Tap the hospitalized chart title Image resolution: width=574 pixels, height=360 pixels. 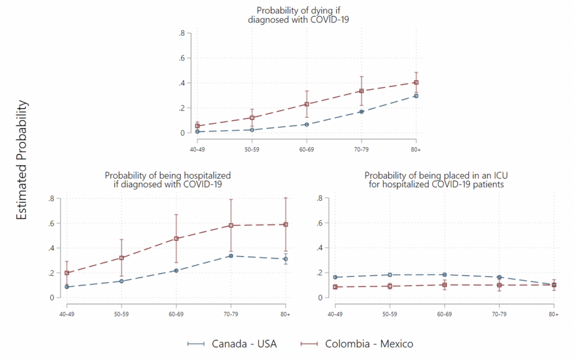[x=168, y=179]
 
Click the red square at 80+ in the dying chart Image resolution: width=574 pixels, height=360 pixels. [x=416, y=82]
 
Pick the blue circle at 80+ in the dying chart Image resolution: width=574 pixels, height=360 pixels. [x=416, y=96]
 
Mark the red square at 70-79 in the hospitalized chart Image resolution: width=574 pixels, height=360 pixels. [x=231, y=225]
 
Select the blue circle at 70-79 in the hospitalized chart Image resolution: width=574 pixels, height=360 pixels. [x=231, y=256]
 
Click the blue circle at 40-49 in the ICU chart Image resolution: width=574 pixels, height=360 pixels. [x=335, y=277]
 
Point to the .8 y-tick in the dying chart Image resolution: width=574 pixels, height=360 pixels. [x=182, y=33]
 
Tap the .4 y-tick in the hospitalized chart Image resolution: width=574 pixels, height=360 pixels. [x=51, y=248]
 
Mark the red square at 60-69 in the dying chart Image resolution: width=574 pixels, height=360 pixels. [x=307, y=104]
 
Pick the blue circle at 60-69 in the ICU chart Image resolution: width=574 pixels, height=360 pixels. [x=445, y=275]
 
